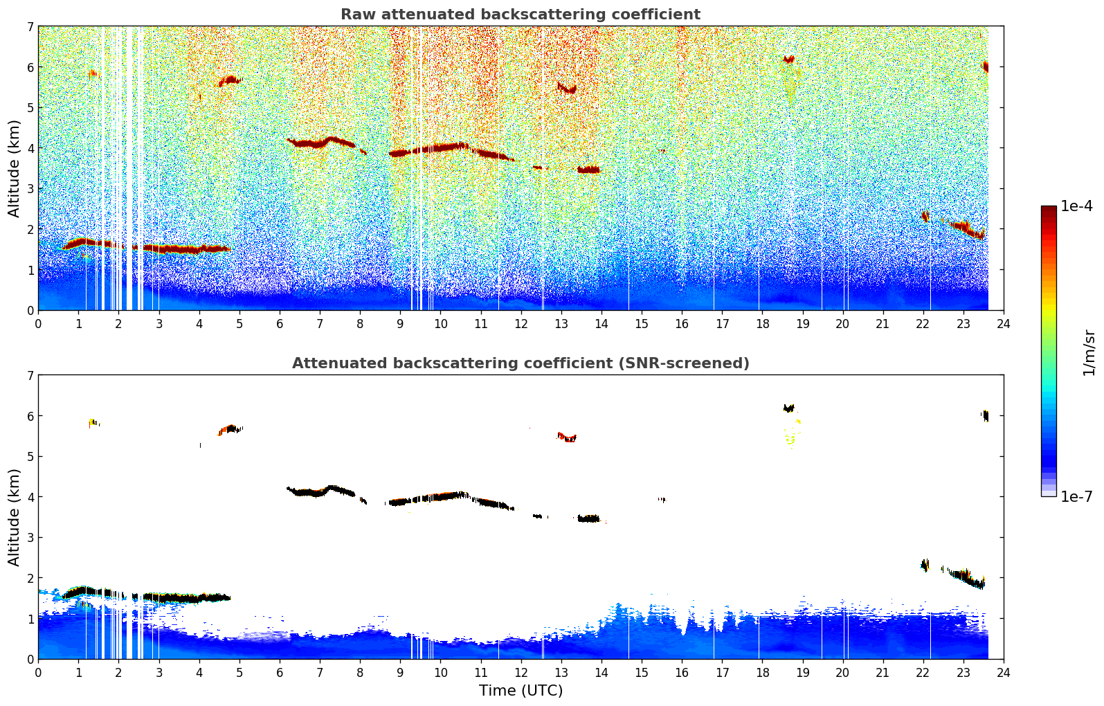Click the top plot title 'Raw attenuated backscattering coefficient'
[x=520, y=15]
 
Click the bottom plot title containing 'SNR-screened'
[x=520, y=363]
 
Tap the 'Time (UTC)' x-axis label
[x=521, y=691]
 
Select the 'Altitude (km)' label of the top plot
[x=15, y=168]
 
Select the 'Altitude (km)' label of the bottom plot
[x=15, y=517]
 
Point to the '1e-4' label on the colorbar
[x=1076, y=206]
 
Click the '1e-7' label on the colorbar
[x=1076, y=496]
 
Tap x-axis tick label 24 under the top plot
[x=1003, y=323]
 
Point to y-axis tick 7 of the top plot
[x=30, y=27]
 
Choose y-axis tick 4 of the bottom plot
[x=30, y=497]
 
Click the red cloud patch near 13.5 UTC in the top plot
[x=589, y=170]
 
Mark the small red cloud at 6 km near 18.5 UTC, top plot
[x=788, y=60]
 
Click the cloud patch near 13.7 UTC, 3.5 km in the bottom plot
[x=589, y=518]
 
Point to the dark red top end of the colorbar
[x=1049, y=208]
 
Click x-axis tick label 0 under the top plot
[x=38, y=323]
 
